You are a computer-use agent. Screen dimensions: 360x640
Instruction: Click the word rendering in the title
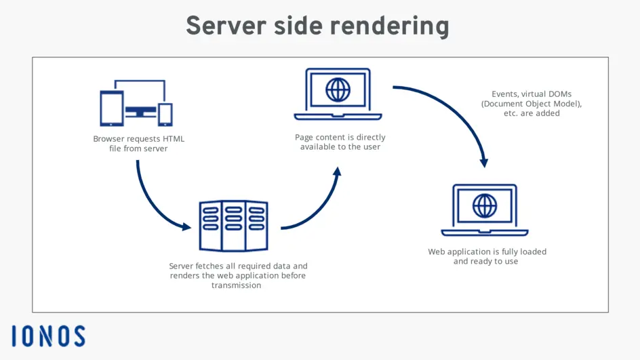[390, 26]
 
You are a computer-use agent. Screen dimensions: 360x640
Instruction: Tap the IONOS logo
[48, 336]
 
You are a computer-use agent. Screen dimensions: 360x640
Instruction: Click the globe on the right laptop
[484, 205]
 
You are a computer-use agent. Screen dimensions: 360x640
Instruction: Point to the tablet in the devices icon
[111, 108]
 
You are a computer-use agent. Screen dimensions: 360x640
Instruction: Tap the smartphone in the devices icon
[165, 115]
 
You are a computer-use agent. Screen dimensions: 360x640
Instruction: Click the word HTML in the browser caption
[173, 139]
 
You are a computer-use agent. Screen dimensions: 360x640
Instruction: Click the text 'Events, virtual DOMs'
[527, 94]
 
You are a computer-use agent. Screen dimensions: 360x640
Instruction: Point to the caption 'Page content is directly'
[340, 138]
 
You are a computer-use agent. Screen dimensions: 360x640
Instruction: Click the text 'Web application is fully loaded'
[487, 252]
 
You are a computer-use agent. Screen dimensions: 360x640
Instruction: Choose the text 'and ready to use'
[485, 261]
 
